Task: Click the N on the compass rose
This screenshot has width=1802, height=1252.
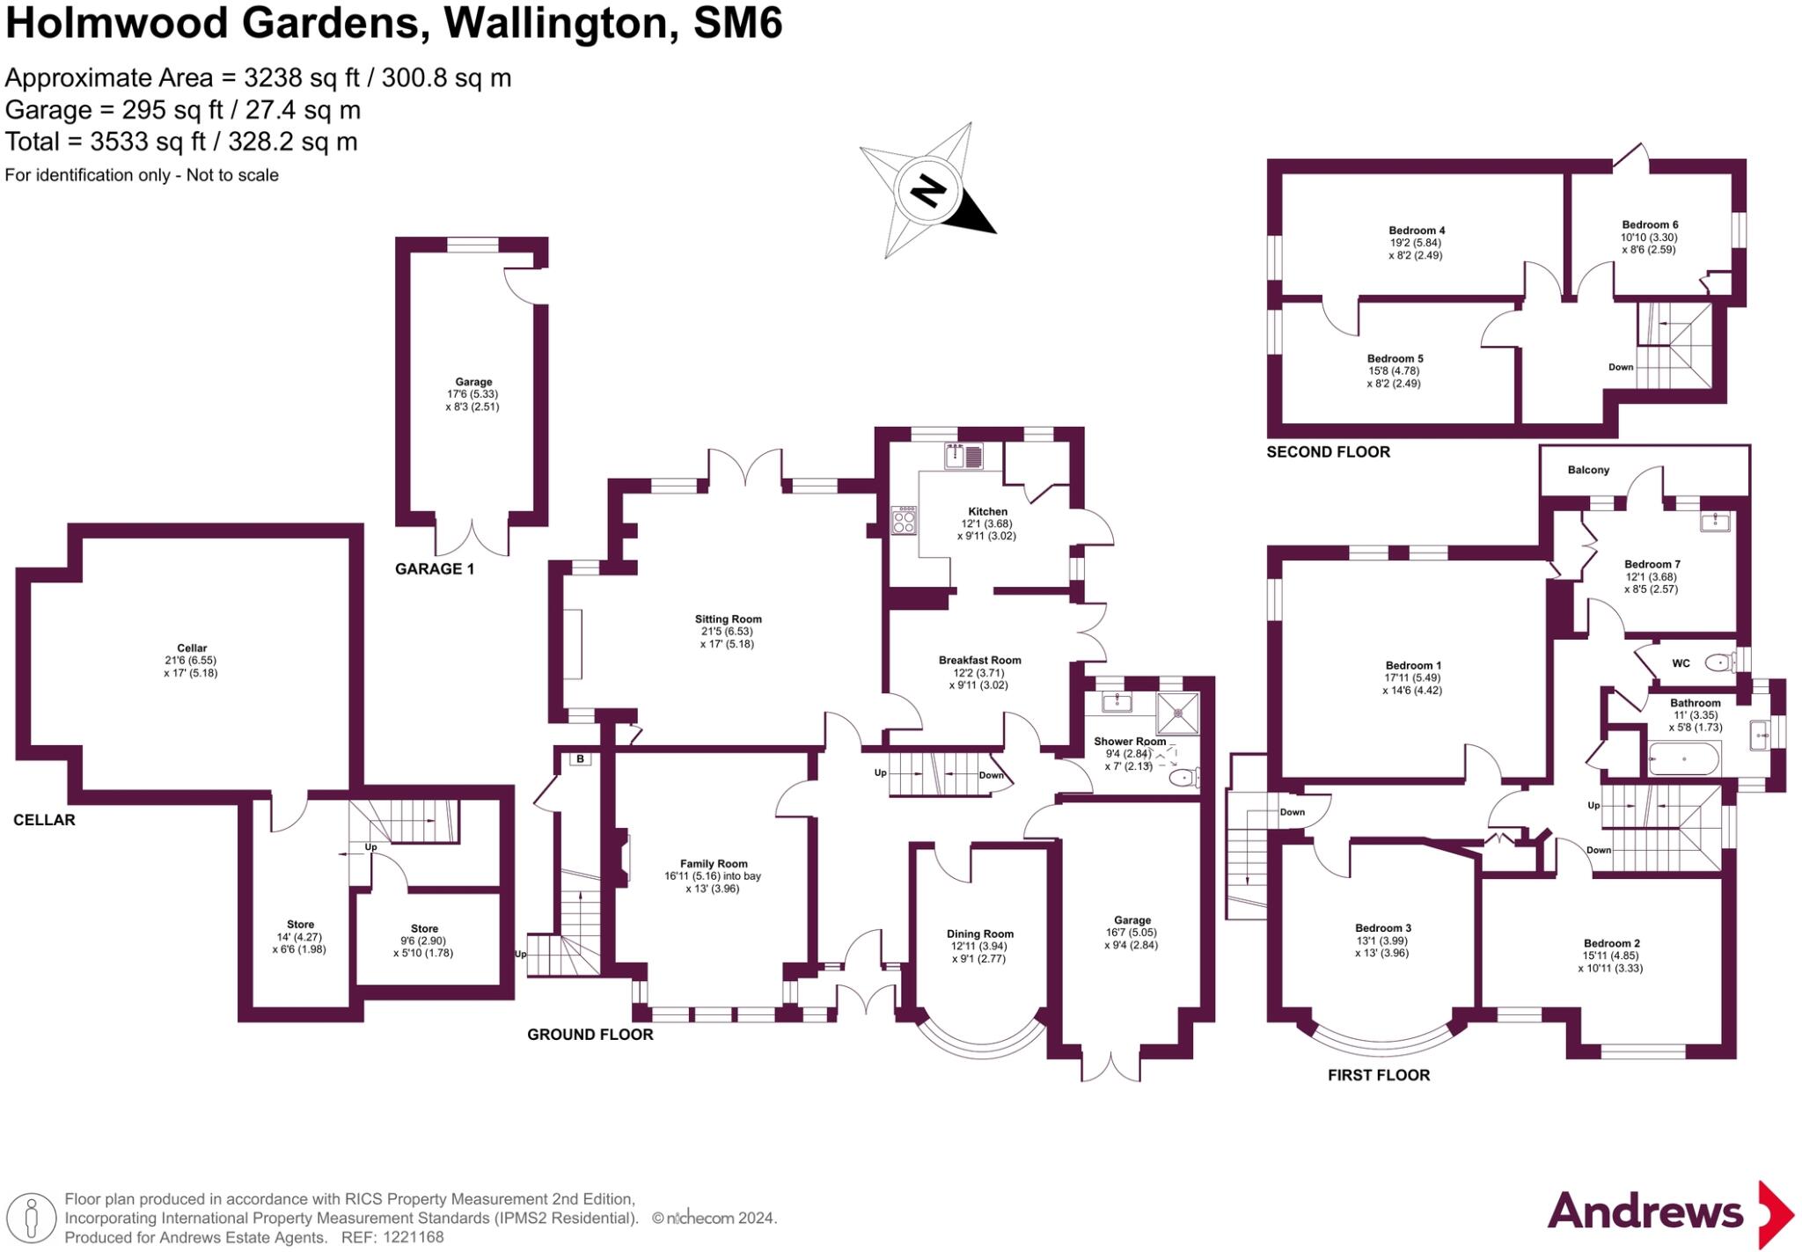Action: pyautogui.click(x=927, y=190)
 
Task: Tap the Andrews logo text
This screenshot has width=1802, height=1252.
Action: pyautogui.click(x=1645, y=1212)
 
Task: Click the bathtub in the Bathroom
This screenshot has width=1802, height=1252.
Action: pyautogui.click(x=1683, y=758)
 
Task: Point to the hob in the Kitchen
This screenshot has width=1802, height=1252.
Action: pyautogui.click(x=904, y=521)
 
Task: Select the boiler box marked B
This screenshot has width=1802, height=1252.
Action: pyautogui.click(x=580, y=758)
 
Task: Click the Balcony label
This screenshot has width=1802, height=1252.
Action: pyautogui.click(x=1588, y=470)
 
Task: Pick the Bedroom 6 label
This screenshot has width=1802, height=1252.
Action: pyautogui.click(x=1650, y=224)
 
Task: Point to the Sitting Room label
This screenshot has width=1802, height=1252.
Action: pyautogui.click(x=728, y=619)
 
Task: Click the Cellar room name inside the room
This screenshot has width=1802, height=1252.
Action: pyautogui.click(x=192, y=648)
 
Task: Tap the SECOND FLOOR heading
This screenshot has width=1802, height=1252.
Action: pyautogui.click(x=1328, y=452)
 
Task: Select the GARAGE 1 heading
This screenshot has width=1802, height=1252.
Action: pyautogui.click(x=434, y=568)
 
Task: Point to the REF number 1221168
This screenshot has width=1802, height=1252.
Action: pyautogui.click(x=413, y=1237)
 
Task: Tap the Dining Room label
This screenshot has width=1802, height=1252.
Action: pyautogui.click(x=979, y=934)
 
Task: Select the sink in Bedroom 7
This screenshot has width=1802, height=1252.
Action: pyautogui.click(x=1715, y=522)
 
